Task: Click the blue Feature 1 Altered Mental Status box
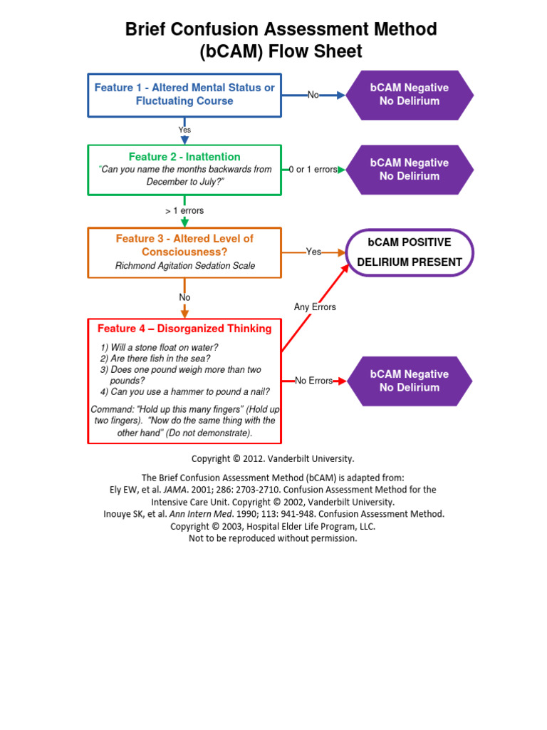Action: click(x=184, y=95)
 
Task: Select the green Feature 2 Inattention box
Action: click(x=184, y=170)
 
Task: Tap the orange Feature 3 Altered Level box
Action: click(x=184, y=252)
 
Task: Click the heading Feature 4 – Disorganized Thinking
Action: click(x=184, y=329)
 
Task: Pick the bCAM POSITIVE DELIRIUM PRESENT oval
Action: click(x=410, y=252)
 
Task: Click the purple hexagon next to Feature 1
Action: click(x=410, y=95)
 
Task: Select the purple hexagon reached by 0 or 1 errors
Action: click(x=410, y=170)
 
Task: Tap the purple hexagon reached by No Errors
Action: click(x=410, y=381)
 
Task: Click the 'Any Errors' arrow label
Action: click(x=315, y=307)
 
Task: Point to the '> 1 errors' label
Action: click(x=184, y=211)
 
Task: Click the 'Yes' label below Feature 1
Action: click(x=184, y=130)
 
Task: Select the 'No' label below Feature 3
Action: click(x=184, y=297)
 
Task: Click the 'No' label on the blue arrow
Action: click(x=313, y=95)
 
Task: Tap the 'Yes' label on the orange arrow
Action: click(x=313, y=252)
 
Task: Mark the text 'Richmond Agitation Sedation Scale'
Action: click(x=184, y=266)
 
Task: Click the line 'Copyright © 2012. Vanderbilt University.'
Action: click(x=273, y=459)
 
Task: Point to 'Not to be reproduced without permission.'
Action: click(x=273, y=538)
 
